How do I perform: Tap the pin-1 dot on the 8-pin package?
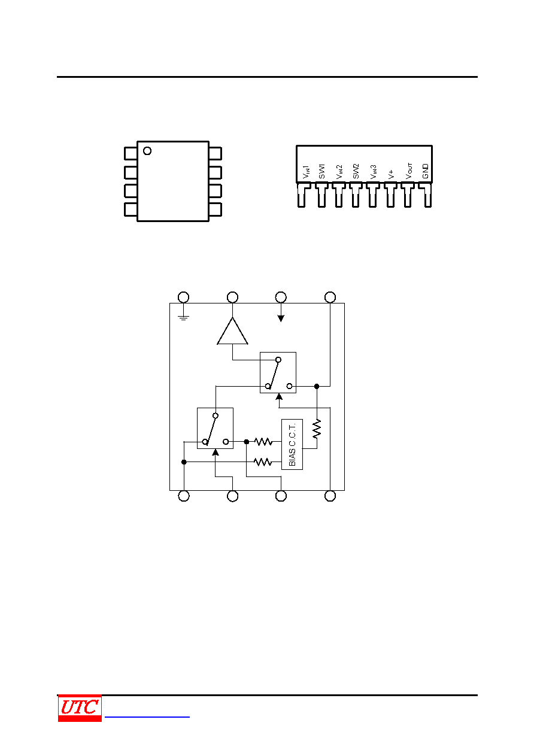[x=147, y=151]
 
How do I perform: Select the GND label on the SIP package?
[x=425, y=171]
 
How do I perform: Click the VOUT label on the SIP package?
[x=409, y=171]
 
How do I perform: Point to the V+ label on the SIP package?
[x=391, y=174]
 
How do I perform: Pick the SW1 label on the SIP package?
[x=321, y=171]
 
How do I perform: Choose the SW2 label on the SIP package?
[x=356, y=171]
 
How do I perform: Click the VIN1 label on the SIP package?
[x=306, y=172]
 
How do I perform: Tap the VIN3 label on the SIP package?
[x=374, y=172]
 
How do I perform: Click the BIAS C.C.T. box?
[x=292, y=444]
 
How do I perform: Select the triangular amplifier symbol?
[x=232, y=331]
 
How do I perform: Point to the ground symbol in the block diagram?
[x=183, y=318]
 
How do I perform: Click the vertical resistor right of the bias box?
[x=317, y=429]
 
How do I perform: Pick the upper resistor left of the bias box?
[x=263, y=442]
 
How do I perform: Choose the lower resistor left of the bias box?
[x=263, y=462]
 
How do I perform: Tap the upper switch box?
[x=278, y=372]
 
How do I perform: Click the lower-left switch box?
[x=215, y=429]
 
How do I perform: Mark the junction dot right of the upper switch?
[x=317, y=386]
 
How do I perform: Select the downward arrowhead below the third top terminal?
[x=281, y=318]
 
